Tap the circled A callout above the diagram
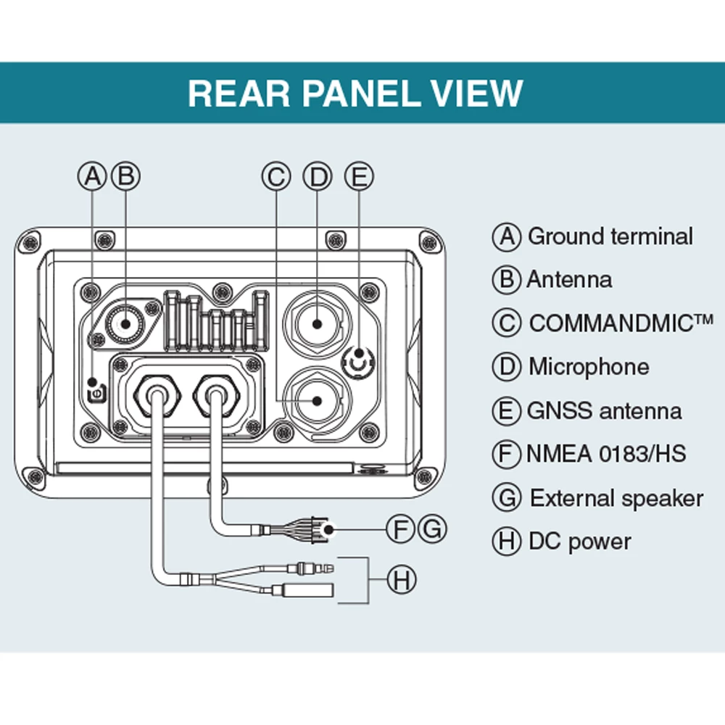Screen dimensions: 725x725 (x=92, y=176)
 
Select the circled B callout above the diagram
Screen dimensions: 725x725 (x=125, y=176)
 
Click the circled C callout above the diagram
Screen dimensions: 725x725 (x=275, y=176)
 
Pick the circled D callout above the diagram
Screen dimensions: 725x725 (x=317, y=176)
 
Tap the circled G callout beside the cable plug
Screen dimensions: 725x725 (x=432, y=529)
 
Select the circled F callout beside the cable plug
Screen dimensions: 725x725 (x=400, y=529)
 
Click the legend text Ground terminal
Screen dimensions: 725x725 (x=610, y=236)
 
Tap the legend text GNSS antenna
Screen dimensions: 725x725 (x=604, y=411)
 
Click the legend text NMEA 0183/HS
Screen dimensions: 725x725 (x=606, y=455)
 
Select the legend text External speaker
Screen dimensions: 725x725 (x=616, y=499)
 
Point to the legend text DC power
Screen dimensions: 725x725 (x=579, y=542)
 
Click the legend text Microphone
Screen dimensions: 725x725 (x=588, y=367)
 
